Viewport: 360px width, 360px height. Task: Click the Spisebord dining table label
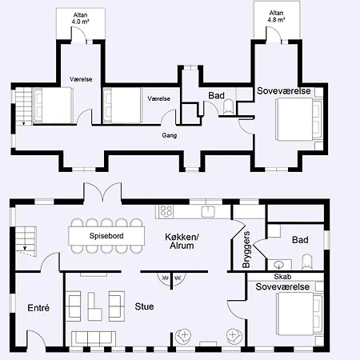click(106, 236)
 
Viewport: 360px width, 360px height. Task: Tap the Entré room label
click(38, 308)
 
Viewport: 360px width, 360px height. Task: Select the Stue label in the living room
click(144, 306)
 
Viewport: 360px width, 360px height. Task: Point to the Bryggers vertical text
click(246, 250)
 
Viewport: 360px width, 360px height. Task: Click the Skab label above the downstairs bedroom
click(282, 277)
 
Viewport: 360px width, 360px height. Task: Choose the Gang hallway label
click(170, 135)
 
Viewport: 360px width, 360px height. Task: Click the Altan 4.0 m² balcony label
click(80, 18)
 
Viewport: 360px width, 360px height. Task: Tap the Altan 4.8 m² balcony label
click(276, 16)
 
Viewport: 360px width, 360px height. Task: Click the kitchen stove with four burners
click(166, 211)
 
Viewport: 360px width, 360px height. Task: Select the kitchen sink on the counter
click(207, 211)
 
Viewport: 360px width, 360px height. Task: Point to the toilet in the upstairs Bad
click(229, 106)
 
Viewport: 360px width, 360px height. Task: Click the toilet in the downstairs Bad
click(307, 262)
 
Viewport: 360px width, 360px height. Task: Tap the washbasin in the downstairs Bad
click(279, 265)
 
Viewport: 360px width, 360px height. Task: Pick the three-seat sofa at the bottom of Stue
click(94, 338)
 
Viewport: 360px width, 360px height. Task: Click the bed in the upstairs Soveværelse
click(299, 119)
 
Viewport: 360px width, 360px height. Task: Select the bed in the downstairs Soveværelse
click(299, 314)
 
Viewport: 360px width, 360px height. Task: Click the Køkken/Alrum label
click(182, 241)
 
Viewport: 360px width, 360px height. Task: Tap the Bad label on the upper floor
click(216, 95)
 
